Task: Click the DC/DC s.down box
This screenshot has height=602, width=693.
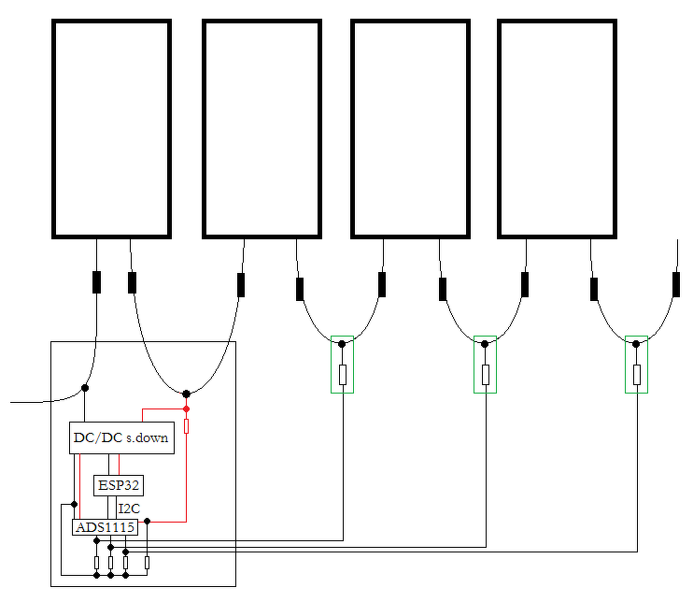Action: pyautogui.click(x=121, y=437)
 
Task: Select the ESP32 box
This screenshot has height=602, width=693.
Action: pyautogui.click(x=119, y=486)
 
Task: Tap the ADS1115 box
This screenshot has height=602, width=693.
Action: pyautogui.click(x=106, y=527)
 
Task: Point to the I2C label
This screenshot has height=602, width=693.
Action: pyautogui.click(x=129, y=509)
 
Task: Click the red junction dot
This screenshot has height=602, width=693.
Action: pyautogui.click(x=187, y=409)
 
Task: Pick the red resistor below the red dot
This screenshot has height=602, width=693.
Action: pyautogui.click(x=187, y=426)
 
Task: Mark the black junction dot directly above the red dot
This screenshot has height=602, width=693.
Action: pyautogui.click(x=187, y=394)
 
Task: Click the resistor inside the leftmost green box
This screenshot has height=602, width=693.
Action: pyautogui.click(x=343, y=375)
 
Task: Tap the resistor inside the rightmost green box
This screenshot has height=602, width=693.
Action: pyautogui.click(x=637, y=375)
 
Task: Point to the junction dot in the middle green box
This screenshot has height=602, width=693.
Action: pyautogui.click(x=485, y=344)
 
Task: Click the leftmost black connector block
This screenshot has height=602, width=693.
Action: pyautogui.click(x=97, y=282)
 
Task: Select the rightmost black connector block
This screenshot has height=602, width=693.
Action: pyautogui.click(x=676, y=284)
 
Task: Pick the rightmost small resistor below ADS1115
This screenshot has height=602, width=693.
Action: pyautogui.click(x=148, y=563)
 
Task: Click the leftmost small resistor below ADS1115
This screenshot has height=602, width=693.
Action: pyautogui.click(x=97, y=563)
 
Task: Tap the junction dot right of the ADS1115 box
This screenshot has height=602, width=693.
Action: pyautogui.click(x=148, y=522)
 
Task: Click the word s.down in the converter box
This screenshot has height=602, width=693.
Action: pyautogui.click(x=148, y=437)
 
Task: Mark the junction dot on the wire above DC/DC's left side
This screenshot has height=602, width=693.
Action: pyautogui.click(x=85, y=388)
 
